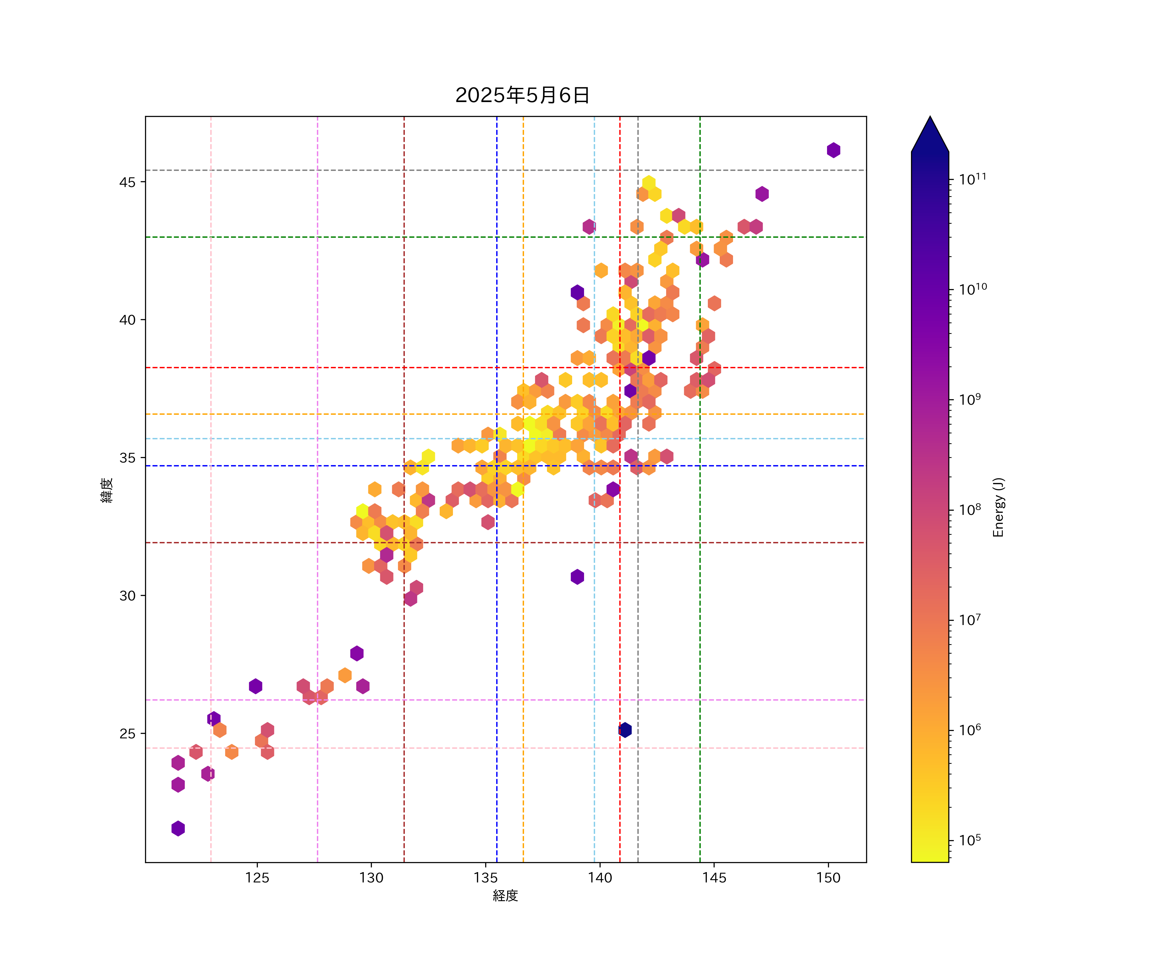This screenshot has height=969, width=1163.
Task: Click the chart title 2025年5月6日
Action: (522, 95)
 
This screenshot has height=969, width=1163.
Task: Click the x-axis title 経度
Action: (505, 895)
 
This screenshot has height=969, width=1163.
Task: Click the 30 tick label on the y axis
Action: (127, 596)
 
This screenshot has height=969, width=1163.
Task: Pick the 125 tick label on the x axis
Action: (257, 878)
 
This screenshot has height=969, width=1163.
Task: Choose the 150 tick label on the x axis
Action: (829, 878)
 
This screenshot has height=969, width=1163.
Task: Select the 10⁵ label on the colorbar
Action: (970, 840)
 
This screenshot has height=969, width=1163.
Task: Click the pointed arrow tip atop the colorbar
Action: (930, 118)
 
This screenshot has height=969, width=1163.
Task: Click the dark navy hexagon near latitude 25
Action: (625, 730)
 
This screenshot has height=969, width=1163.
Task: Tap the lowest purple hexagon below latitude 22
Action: (178, 828)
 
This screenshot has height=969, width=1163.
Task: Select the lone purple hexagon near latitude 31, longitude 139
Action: (577, 577)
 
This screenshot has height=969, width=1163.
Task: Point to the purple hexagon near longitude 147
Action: (761, 194)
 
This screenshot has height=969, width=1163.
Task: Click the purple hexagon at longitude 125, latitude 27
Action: (255, 686)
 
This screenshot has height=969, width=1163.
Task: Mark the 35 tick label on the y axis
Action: (127, 458)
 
